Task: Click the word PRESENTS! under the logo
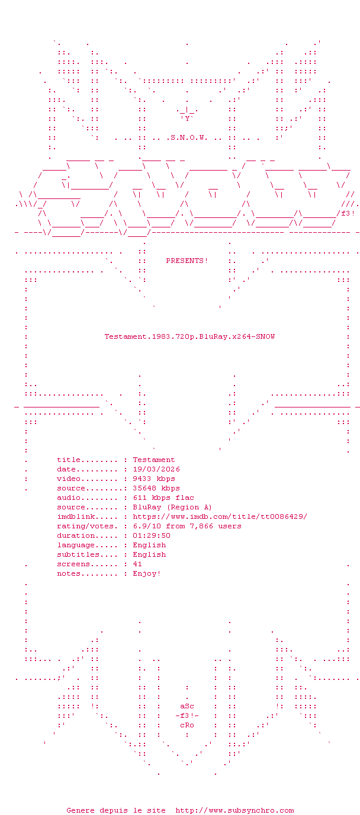[187, 261]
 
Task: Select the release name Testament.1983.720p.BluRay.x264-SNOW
[189, 336]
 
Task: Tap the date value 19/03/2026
[156, 469]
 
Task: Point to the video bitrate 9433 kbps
[154, 479]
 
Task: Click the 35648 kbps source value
[156, 488]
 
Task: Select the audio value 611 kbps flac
[163, 498]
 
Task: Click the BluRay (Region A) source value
[172, 507]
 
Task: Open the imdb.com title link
[220, 516]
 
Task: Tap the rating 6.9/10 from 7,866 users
[187, 526]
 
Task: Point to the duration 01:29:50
[152, 535]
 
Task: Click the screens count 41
[137, 564]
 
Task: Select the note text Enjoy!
[147, 573]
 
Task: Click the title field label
[69, 460]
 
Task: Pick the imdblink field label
[76, 516]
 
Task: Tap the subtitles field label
[78, 554]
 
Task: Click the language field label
[76, 545]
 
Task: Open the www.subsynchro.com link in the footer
[234, 810]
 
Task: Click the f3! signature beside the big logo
[348, 213]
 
